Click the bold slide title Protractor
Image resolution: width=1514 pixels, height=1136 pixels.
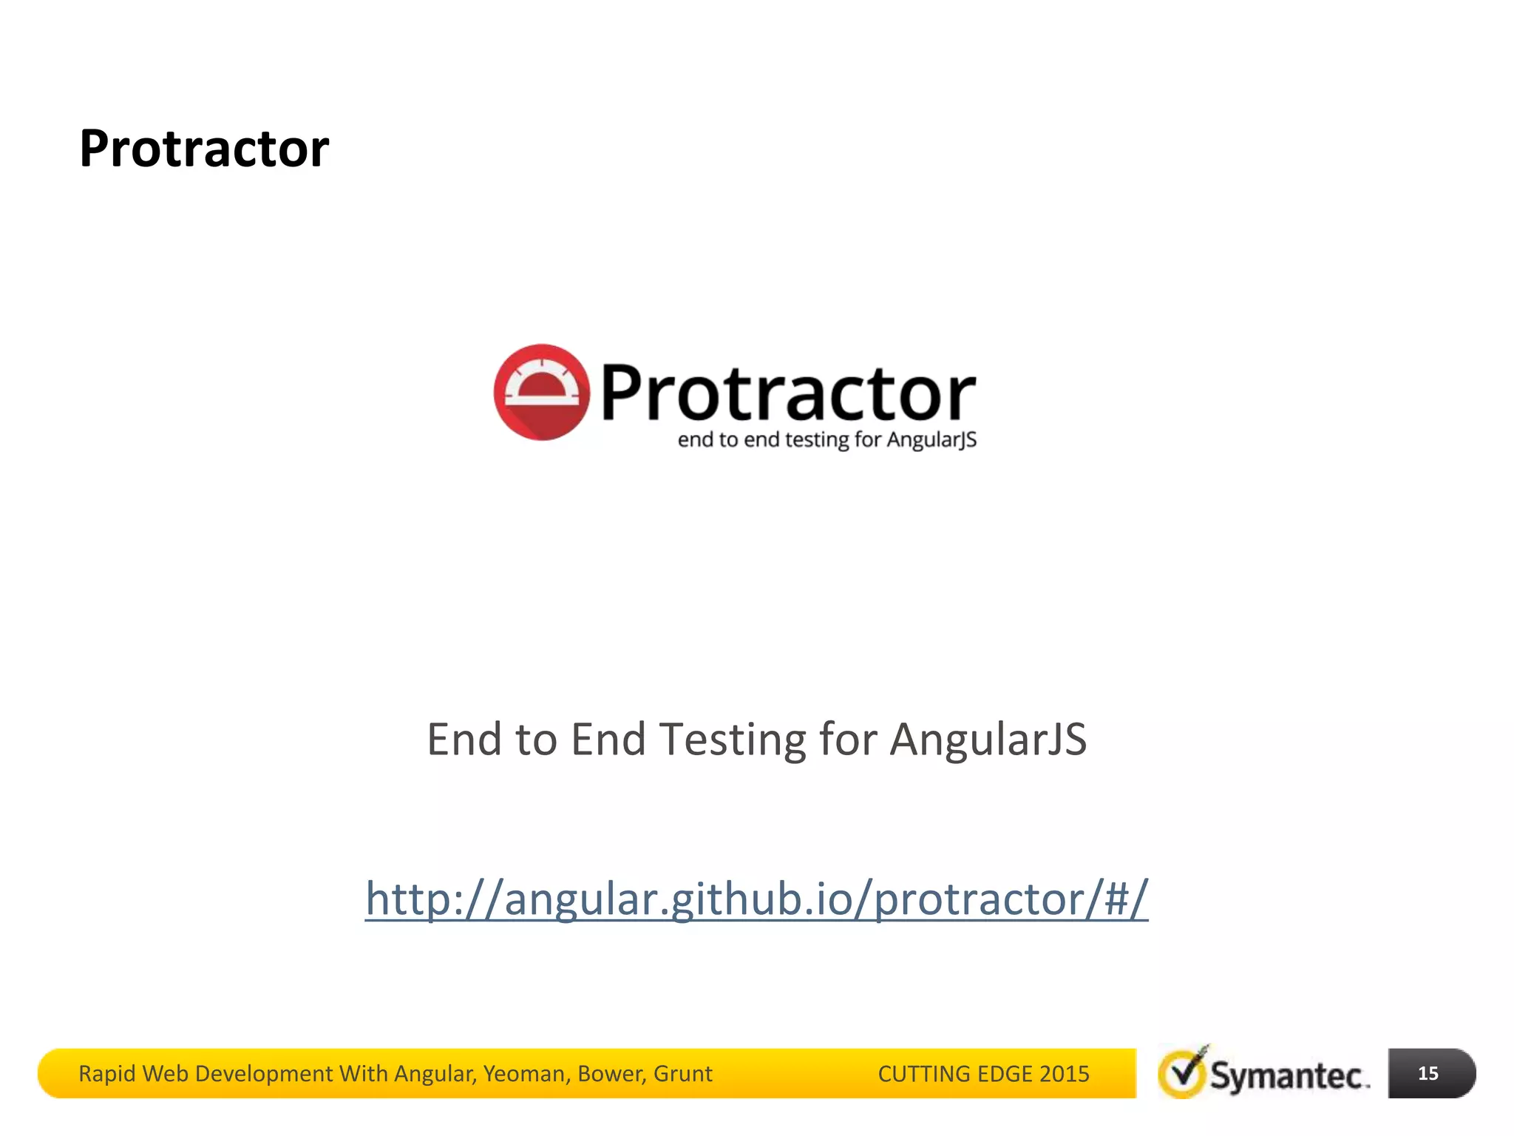click(204, 149)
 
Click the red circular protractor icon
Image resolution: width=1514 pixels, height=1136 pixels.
click(542, 392)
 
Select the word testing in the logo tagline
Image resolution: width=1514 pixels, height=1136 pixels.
click(817, 440)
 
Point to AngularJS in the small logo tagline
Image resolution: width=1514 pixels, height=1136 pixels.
click(931, 440)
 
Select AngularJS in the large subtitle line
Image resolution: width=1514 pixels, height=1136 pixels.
click(988, 740)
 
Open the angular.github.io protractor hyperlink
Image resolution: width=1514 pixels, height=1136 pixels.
click(756, 899)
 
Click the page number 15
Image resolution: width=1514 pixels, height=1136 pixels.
click(1428, 1073)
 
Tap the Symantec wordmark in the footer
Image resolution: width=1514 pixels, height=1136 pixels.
click(1289, 1076)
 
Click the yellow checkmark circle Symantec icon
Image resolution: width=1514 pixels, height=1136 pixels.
click(1182, 1074)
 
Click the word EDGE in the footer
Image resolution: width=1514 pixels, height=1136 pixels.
click(1005, 1074)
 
